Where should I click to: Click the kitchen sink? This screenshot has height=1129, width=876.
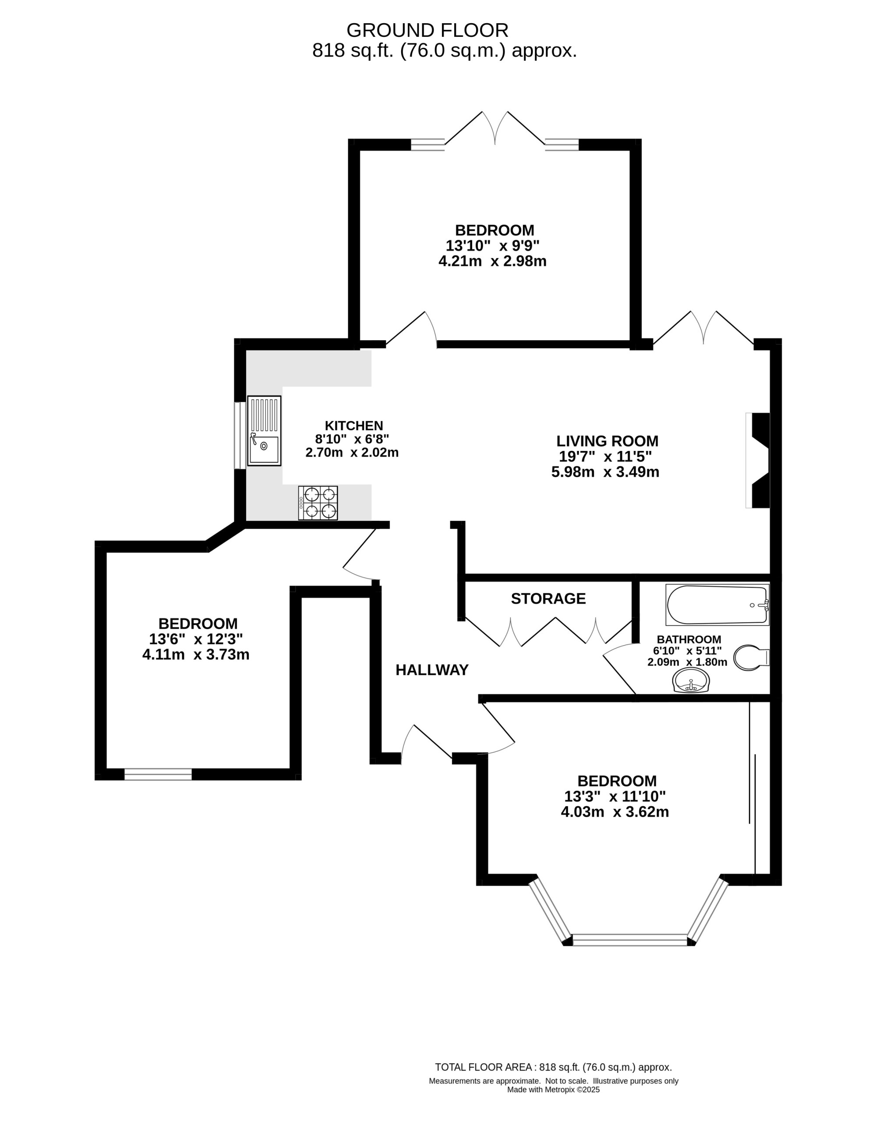(x=264, y=430)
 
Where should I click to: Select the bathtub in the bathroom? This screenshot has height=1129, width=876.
(x=717, y=605)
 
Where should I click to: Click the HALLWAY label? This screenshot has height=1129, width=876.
(x=432, y=670)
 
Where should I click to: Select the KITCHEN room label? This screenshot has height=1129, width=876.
(x=354, y=425)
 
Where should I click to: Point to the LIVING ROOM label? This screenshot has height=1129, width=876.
(x=607, y=441)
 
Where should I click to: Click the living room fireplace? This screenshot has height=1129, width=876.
(x=758, y=460)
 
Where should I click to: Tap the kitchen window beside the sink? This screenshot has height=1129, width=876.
(x=240, y=435)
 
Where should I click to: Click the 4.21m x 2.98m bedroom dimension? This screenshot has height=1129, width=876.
(x=492, y=261)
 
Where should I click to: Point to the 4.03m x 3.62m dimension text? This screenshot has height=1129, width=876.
(x=615, y=811)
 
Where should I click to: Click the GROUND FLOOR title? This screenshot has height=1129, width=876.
(x=427, y=31)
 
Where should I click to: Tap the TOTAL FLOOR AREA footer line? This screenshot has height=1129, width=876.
(x=553, y=1067)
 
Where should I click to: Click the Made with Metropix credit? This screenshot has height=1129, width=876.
(x=553, y=1090)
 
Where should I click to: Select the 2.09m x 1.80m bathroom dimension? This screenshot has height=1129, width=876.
(x=687, y=662)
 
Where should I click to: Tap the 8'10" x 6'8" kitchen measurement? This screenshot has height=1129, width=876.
(x=352, y=439)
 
